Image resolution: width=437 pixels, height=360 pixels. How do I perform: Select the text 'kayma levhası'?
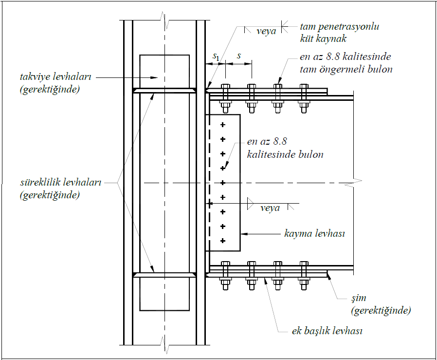point(314,234)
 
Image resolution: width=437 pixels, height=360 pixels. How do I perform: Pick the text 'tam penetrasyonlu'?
point(339,26)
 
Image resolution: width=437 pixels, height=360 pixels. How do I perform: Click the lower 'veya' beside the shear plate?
point(270,208)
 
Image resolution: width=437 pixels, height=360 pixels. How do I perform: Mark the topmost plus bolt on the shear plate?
point(223,125)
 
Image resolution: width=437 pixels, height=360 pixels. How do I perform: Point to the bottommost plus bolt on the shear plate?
point(223,241)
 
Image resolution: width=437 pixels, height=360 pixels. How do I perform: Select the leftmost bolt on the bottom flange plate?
point(225,275)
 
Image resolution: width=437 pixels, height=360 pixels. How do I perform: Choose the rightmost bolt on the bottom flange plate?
point(304,275)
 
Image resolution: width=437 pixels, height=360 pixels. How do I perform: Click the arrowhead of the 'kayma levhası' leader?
point(243,234)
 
